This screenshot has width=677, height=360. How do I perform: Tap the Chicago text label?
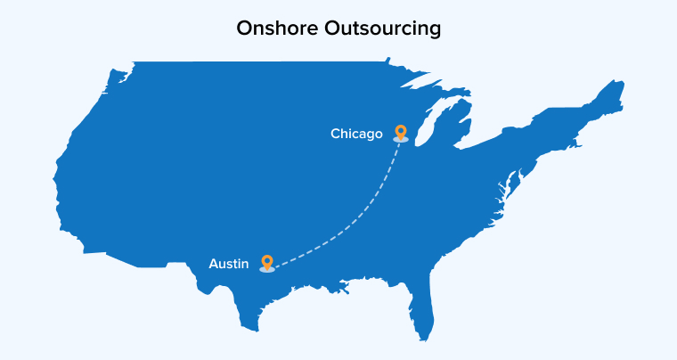(x=356, y=135)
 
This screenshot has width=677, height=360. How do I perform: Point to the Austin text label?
(x=229, y=264)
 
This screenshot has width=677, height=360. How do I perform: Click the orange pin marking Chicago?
(x=401, y=132)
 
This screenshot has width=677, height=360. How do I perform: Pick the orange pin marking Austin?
(x=266, y=261)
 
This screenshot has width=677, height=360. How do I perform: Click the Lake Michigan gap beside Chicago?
(x=421, y=125)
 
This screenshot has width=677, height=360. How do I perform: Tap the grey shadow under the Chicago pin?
(x=401, y=140)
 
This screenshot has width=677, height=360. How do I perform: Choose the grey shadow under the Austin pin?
(x=266, y=269)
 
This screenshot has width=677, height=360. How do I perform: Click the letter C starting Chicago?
(x=335, y=135)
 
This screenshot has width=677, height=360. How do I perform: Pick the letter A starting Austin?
(x=214, y=264)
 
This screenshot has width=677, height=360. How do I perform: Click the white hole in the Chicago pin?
(x=401, y=130)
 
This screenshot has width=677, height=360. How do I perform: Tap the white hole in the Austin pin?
(x=266, y=259)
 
